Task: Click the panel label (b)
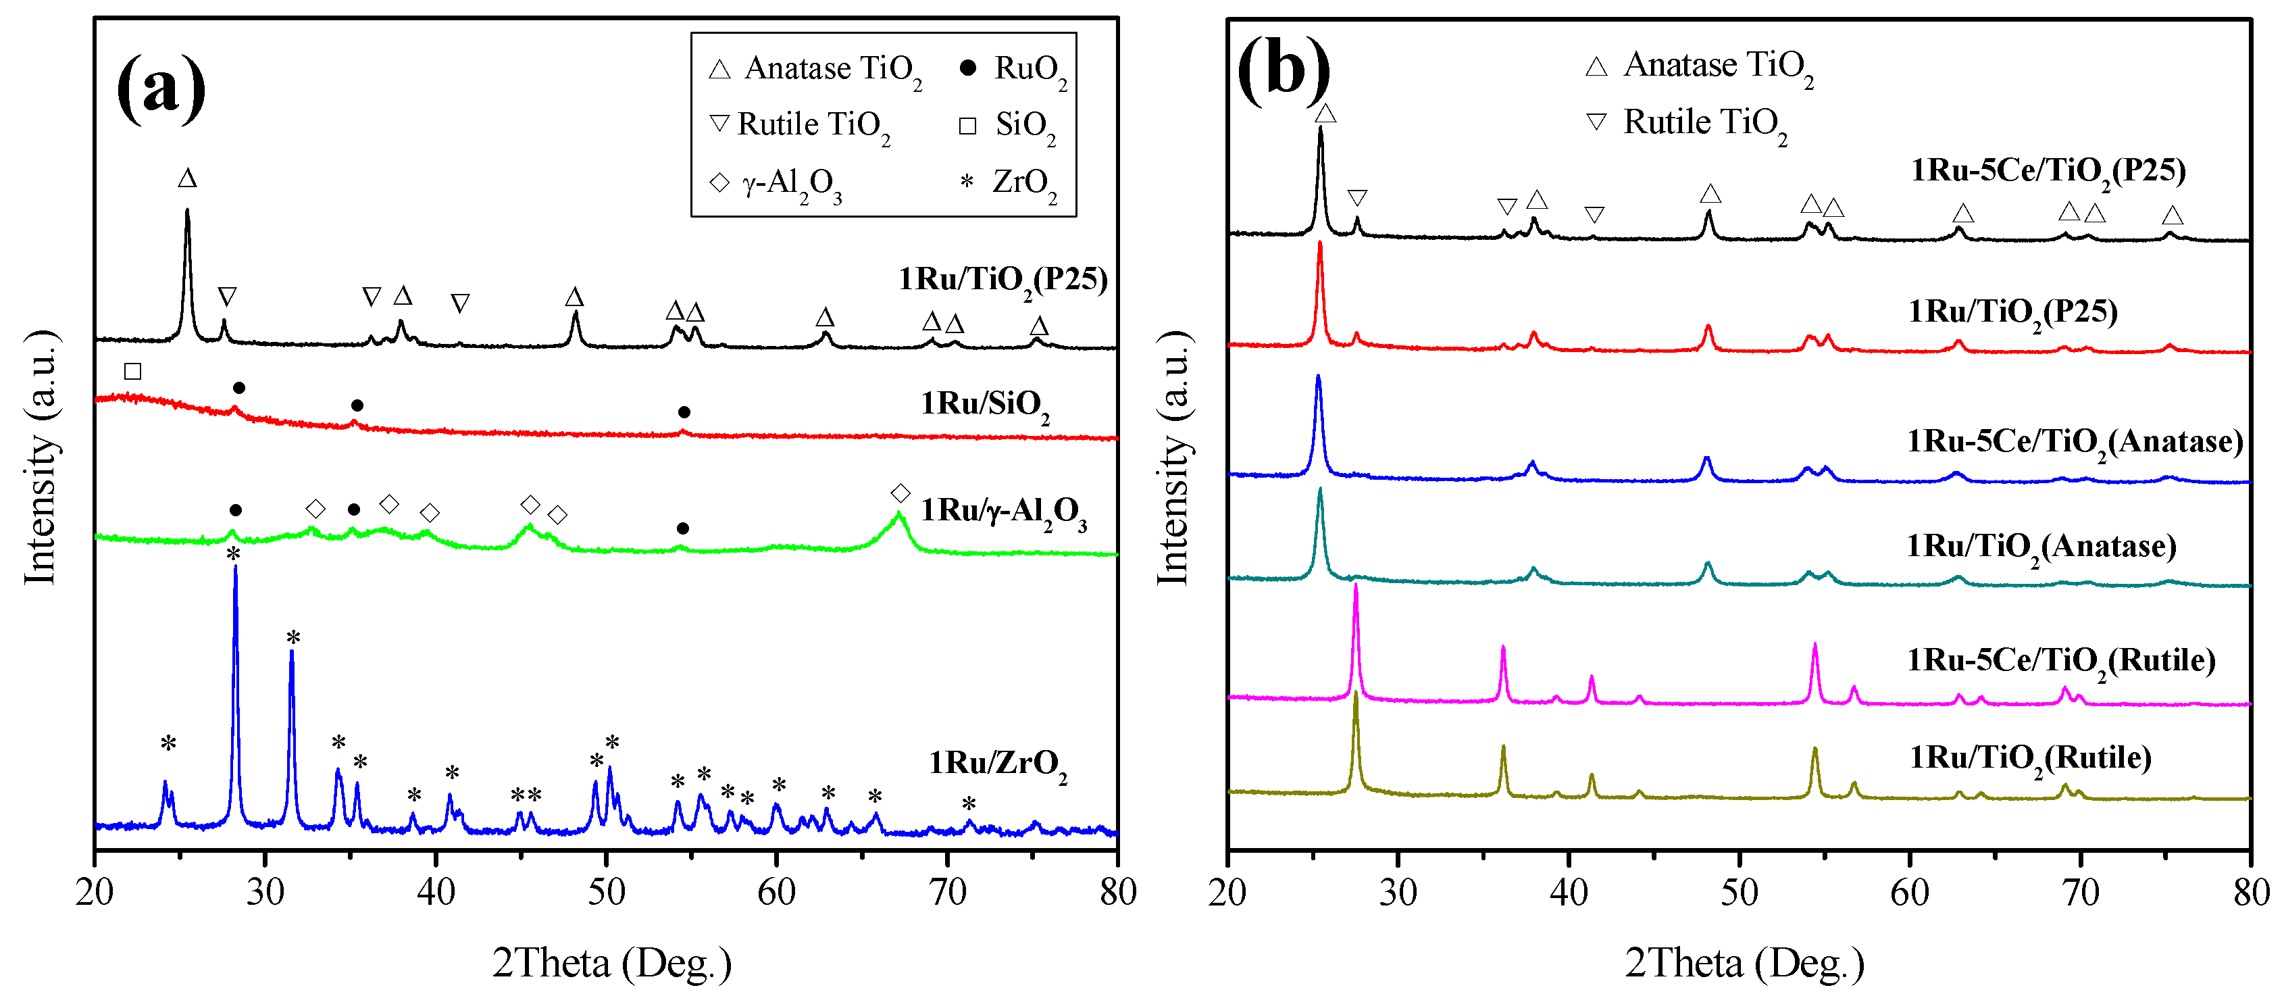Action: point(1283,71)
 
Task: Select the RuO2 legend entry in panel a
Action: point(1016,69)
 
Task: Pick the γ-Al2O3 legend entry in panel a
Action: point(776,184)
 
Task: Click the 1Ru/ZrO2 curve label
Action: point(998,764)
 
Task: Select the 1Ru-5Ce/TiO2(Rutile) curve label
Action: point(2060,662)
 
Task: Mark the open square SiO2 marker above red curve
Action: point(133,371)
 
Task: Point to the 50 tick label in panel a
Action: point(607,892)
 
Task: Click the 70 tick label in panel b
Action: point(2080,892)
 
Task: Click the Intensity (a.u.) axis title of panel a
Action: point(40,457)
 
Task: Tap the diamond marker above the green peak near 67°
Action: point(900,493)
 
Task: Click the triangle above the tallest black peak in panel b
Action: point(1325,114)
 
